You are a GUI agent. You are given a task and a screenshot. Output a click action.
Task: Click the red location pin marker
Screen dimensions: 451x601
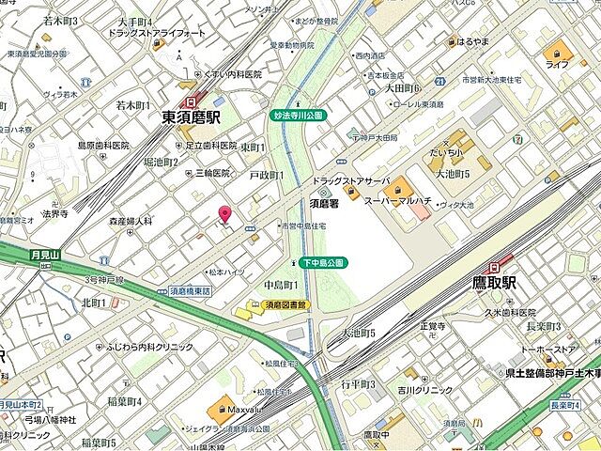[224, 213]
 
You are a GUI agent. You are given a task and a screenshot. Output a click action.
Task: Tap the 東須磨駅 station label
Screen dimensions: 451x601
[191, 117]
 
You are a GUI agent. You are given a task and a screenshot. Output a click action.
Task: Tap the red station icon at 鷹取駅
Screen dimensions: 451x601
[507, 266]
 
